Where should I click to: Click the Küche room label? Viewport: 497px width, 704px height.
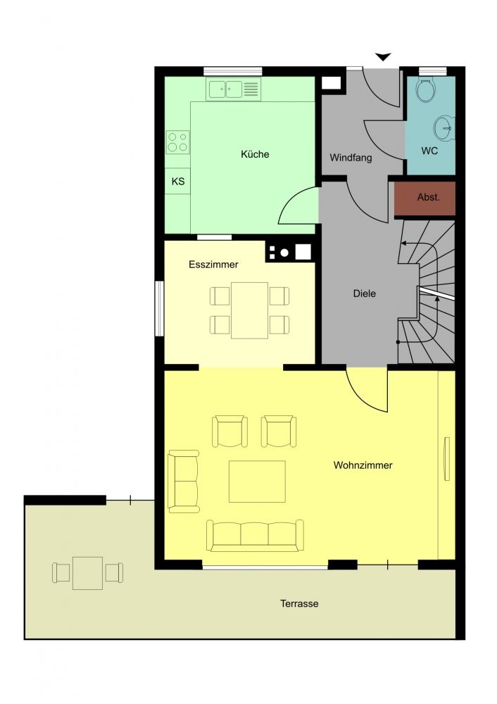tap(255, 154)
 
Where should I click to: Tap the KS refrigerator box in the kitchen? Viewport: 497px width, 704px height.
tap(178, 181)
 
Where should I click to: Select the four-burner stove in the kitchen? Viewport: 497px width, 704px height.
tap(178, 142)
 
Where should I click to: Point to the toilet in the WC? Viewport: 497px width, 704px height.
tap(425, 90)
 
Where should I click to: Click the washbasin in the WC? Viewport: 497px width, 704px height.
tap(445, 128)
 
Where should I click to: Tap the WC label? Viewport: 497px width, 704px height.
tap(429, 151)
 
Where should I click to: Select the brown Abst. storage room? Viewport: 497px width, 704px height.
tap(425, 198)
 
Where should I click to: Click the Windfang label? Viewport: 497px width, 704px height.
tap(351, 158)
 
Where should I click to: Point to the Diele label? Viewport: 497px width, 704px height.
tap(365, 294)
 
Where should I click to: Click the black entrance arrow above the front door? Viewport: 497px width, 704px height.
tap(384, 56)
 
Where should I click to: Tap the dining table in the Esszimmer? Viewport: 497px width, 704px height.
tap(250, 310)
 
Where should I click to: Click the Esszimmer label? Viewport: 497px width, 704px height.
tap(213, 265)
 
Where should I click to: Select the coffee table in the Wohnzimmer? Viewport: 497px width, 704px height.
tap(257, 482)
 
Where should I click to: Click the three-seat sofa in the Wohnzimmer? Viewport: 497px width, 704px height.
tap(255, 535)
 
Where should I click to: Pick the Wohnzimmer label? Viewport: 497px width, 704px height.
tap(363, 465)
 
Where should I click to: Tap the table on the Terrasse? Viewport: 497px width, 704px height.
tap(87, 573)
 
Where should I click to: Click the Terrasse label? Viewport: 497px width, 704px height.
tap(299, 603)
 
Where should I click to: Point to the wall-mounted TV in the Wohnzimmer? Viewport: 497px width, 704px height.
tap(447, 458)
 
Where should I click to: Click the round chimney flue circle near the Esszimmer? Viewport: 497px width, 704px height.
tap(284, 253)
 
